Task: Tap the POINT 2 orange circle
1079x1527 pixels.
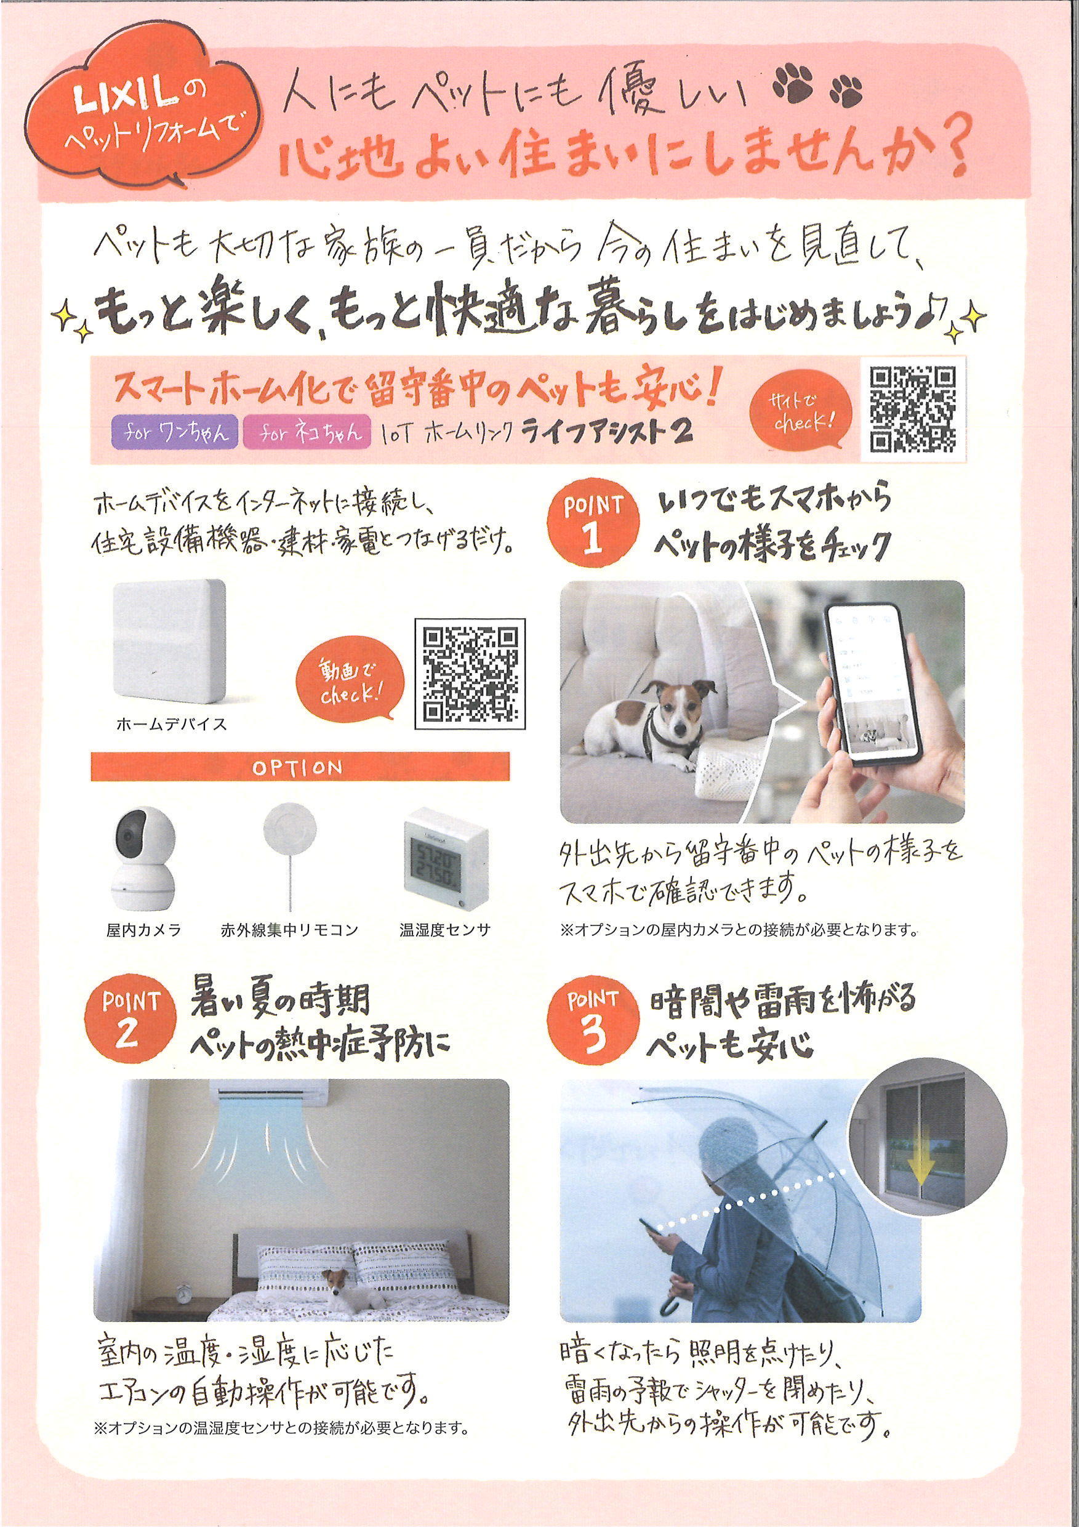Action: pos(131,1029)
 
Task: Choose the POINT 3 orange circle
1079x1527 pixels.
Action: pos(594,1028)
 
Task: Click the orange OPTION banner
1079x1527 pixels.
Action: pos(300,769)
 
